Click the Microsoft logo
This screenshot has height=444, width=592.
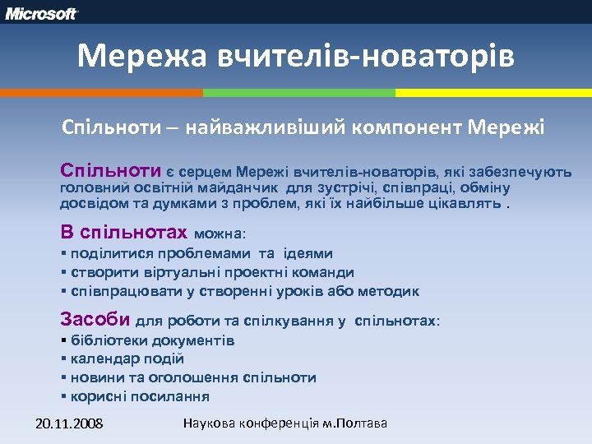[x=43, y=13]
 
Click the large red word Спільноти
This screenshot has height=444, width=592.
[x=110, y=171]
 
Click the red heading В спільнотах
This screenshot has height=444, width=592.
[x=124, y=233]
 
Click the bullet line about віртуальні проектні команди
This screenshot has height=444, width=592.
[x=212, y=272]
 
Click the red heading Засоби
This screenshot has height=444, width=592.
[x=95, y=320]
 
